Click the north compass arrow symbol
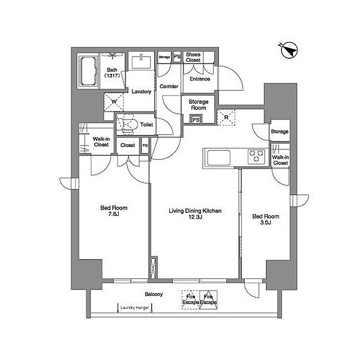pyautogui.click(x=289, y=50)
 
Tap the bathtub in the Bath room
pyautogui.click(x=88, y=71)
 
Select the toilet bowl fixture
pyautogui.click(x=127, y=125)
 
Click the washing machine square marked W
pyautogui.click(x=114, y=102)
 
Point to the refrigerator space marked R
pyautogui.click(x=226, y=118)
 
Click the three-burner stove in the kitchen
pyautogui.click(x=256, y=156)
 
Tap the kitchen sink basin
pyautogui.click(x=218, y=158)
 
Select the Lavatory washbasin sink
pyautogui.click(x=141, y=62)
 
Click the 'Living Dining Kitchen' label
pyautogui.click(x=195, y=211)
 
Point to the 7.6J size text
pyautogui.click(x=113, y=214)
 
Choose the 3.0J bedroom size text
pyautogui.click(x=266, y=223)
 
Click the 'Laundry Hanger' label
pyautogui.click(x=134, y=308)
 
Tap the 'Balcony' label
pyautogui.click(x=154, y=294)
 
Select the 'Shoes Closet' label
pyautogui.click(x=193, y=57)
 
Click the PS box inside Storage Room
pyautogui.click(x=196, y=120)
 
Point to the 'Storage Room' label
pyautogui.click(x=199, y=104)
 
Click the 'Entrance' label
pyautogui.click(x=200, y=79)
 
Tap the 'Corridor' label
pyautogui.click(x=169, y=86)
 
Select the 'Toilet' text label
pyautogui.click(x=146, y=125)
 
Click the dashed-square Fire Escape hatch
pyautogui.click(x=191, y=300)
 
